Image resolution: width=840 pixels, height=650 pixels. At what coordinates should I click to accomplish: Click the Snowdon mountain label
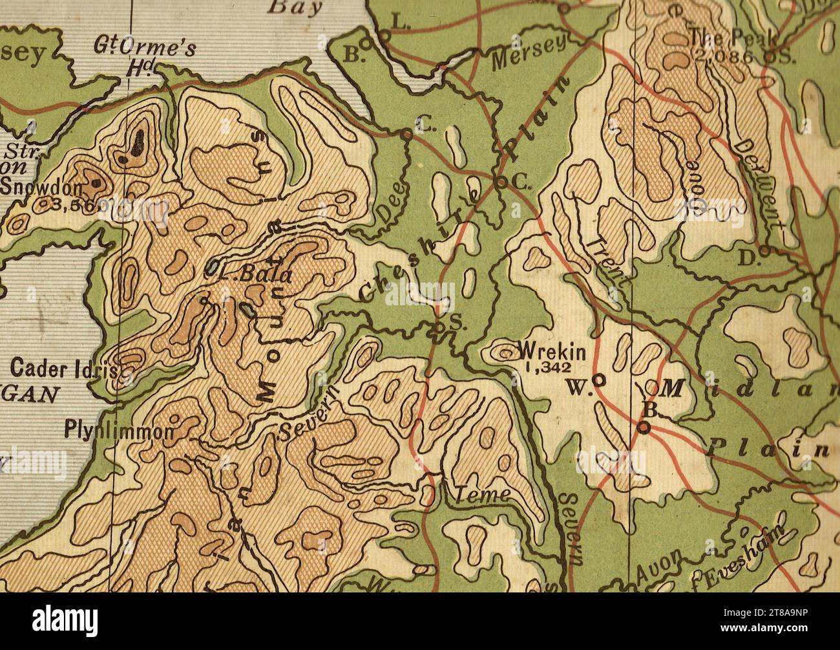tap(41, 188)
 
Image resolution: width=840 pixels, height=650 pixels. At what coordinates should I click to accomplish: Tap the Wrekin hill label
tap(552, 353)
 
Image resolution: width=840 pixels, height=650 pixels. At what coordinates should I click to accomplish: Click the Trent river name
tap(607, 261)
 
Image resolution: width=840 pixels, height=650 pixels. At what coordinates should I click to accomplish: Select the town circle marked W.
tap(599, 381)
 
